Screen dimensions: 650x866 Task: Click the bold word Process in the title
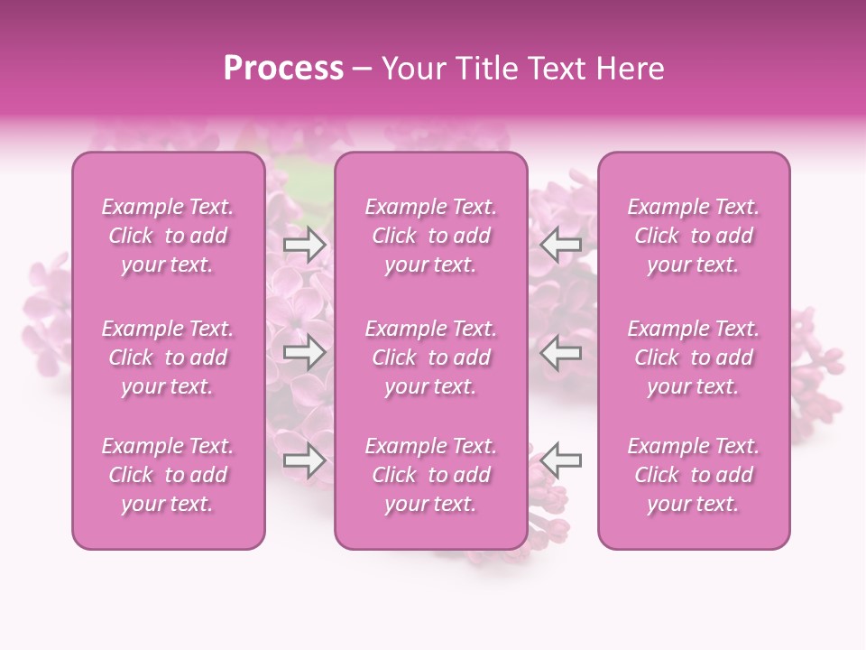[283, 69]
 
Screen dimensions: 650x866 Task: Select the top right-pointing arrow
[304, 244]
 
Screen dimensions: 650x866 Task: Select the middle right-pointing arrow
[304, 352]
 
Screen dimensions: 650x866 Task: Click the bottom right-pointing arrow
[304, 460]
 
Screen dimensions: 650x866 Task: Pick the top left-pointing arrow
[561, 244]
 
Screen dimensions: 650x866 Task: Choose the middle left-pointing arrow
[561, 352]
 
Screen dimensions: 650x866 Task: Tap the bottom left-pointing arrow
[561, 460]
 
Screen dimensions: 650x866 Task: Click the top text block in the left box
[168, 236]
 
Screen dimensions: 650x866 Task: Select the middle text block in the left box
[168, 357]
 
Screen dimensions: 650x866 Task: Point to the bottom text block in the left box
[168, 475]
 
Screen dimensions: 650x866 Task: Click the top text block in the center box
[430, 236]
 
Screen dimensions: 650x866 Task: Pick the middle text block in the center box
[430, 357]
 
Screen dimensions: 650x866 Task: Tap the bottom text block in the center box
[430, 475]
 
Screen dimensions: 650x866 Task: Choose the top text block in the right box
[693, 236]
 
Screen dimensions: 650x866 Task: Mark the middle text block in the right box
[693, 357]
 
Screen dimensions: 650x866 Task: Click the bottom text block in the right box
[693, 475]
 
